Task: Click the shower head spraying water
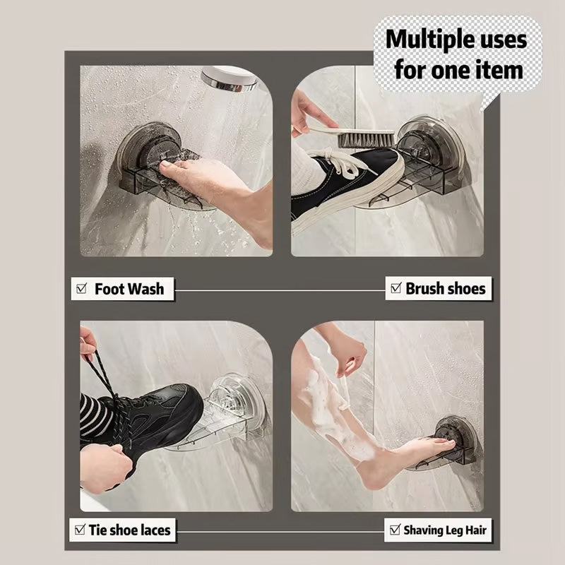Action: coord(229,78)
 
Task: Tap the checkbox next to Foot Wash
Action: coord(82,288)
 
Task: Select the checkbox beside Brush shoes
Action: coord(396,287)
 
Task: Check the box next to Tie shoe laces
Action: coord(80,529)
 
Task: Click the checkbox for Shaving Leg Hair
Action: coord(395,529)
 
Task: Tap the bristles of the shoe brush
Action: coord(366,139)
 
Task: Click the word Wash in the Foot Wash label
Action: coord(145,289)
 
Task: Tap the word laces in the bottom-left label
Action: coord(155,530)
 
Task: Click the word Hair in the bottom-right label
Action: coord(476,530)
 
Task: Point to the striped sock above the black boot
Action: coord(93,414)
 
